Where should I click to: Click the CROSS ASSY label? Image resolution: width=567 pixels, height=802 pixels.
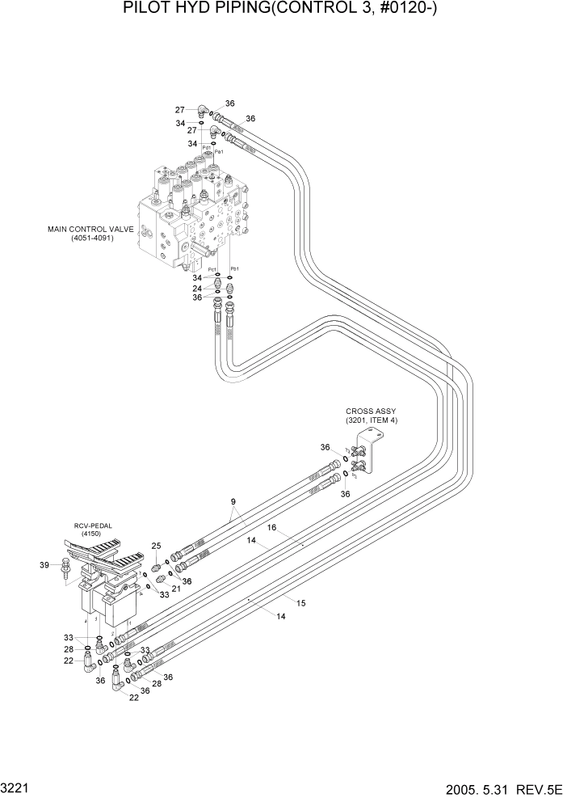click(371, 411)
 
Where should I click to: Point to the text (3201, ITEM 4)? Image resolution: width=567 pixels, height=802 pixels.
click(371, 420)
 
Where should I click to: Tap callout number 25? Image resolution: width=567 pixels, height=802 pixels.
click(157, 546)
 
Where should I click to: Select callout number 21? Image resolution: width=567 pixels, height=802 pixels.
click(177, 588)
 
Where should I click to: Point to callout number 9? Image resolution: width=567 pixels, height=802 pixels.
click(233, 502)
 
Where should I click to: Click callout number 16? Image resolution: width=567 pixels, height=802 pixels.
click(272, 527)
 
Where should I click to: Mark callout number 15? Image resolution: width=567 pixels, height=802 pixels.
click(300, 602)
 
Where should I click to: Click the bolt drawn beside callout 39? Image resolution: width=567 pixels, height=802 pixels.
click(65, 573)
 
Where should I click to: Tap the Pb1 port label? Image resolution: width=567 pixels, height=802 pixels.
click(235, 268)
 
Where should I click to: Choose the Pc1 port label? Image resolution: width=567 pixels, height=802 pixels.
click(212, 269)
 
